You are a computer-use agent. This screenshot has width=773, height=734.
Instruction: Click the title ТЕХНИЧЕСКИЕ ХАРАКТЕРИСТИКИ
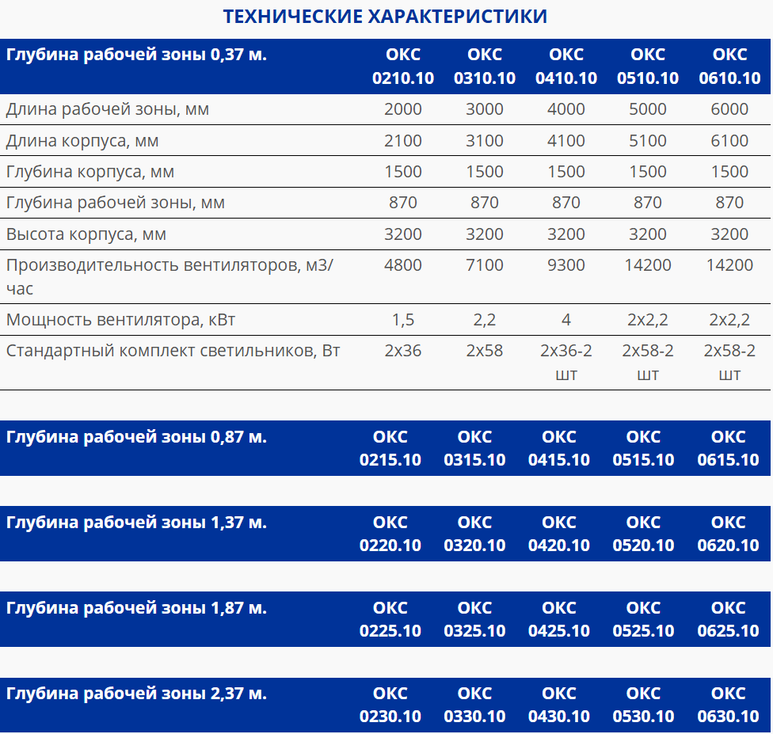pyautogui.click(x=385, y=16)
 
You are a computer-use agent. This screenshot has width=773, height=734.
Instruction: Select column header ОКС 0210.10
pyautogui.click(x=403, y=67)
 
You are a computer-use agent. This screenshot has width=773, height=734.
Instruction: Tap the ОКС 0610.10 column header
pyautogui.click(x=729, y=67)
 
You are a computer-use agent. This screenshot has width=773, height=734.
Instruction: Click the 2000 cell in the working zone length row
pyautogui.click(x=403, y=109)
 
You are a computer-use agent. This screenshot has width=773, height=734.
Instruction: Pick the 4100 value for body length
pyautogui.click(x=566, y=141)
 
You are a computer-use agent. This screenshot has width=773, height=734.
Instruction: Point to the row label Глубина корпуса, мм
pyautogui.click(x=90, y=172)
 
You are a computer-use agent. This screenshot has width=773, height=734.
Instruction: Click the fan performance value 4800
pyautogui.click(x=403, y=265)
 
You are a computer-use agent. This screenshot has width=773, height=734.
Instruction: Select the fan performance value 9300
pyautogui.click(x=566, y=265)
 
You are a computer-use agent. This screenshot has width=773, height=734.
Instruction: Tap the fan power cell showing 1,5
pyautogui.click(x=403, y=320)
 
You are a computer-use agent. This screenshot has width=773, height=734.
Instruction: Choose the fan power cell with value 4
pyautogui.click(x=566, y=320)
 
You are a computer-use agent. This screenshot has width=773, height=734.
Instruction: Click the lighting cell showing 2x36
pyautogui.click(x=403, y=351)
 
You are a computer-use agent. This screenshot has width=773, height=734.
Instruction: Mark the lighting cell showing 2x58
pyautogui.click(x=485, y=351)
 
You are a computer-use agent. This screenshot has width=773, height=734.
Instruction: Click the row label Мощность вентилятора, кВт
pyautogui.click(x=121, y=320)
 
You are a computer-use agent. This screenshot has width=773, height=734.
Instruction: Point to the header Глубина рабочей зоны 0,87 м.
pyautogui.click(x=136, y=437)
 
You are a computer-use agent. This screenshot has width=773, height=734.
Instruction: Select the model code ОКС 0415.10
pyautogui.click(x=559, y=448)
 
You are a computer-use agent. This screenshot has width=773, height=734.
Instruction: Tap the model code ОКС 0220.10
pyautogui.click(x=390, y=534)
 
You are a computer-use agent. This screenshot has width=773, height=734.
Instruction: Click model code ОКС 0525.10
pyautogui.click(x=643, y=619)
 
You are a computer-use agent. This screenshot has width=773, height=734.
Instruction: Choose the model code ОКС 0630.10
pyautogui.click(x=728, y=705)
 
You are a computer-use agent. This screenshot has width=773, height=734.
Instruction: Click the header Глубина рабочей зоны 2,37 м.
pyautogui.click(x=136, y=694)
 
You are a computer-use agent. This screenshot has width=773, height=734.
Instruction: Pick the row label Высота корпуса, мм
pyautogui.click(x=86, y=234)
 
